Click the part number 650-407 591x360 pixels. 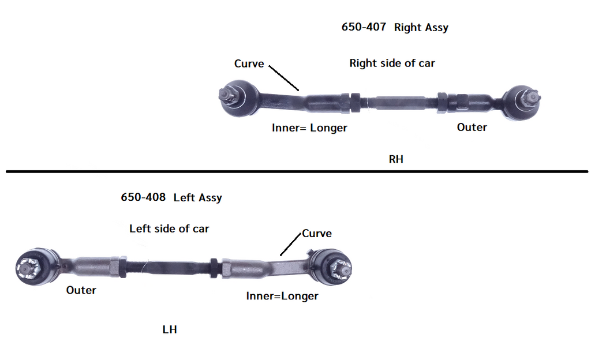pyautogui.click(x=364, y=27)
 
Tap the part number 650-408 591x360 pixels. pyautogui.click(x=143, y=197)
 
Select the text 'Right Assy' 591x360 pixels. pyautogui.click(x=421, y=27)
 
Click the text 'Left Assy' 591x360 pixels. pyautogui.click(x=197, y=197)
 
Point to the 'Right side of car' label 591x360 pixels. pyautogui.click(x=392, y=63)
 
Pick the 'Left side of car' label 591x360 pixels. pyautogui.click(x=169, y=228)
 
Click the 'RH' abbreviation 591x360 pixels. pyautogui.click(x=396, y=160)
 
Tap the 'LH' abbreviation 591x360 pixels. pyautogui.click(x=169, y=329)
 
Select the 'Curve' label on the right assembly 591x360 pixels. pyautogui.click(x=249, y=63)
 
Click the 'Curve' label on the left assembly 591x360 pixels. pyautogui.click(x=317, y=233)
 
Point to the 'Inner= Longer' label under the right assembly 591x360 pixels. pyautogui.click(x=309, y=127)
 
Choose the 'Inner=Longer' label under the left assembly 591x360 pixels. pyautogui.click(x=282, y=296)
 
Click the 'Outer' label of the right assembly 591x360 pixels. pyautogui.click(x=472, y=127)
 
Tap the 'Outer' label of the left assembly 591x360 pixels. pyautogui.click(x=81, y=290)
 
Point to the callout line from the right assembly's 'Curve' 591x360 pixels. pyautogui.click(x=284, y=78)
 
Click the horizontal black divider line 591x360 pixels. pyautogui.click(x=295, y=171)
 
